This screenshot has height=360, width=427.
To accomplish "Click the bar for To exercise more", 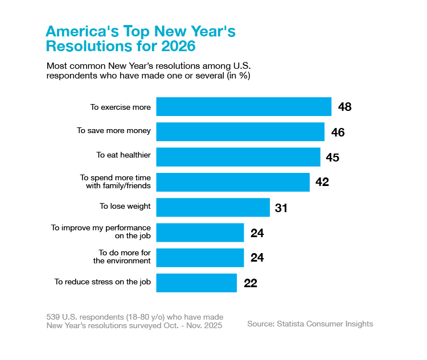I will click(244, 107).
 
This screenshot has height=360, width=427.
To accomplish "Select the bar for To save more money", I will click(240, 132).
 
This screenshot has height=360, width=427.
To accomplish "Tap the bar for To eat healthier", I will click(238, 157).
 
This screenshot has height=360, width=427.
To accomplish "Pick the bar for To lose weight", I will click(212, 207).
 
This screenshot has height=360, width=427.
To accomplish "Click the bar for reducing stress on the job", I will click(196, 283).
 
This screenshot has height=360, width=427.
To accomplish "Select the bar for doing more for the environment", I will click(200, 257).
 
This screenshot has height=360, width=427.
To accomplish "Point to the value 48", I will click(344, 107).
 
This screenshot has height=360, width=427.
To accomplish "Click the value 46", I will click(338, 132).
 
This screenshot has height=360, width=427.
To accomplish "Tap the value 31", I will click(281, 208).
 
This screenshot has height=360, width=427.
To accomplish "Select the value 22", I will click(251, 283).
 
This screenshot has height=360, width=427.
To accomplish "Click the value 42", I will click(322, 183).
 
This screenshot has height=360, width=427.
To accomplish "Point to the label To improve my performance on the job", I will click(101, 231).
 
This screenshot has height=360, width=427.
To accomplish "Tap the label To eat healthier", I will click(123, 155).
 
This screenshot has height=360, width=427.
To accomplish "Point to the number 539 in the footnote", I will click(53, 316).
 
